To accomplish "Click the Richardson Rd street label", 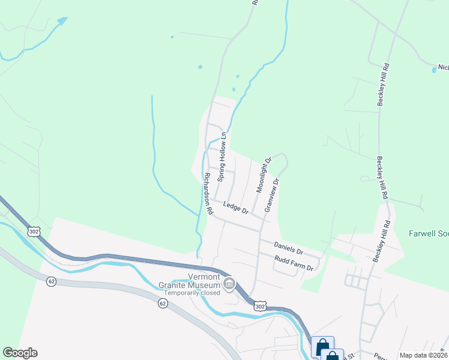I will [x=207, y=194].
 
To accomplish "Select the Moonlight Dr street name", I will [x=264, y=175].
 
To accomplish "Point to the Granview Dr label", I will [x=272, y=194].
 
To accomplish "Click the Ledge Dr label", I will [x=235, y=208].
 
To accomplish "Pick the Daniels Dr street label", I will [x=288, y=248].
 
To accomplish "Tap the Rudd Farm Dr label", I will [x=294, y=263].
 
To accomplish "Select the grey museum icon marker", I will [x=229, y=283].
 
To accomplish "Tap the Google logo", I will [x=20, y=353].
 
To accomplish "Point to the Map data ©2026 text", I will [x=423, y=355].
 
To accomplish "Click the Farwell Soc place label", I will [x=429, y=233].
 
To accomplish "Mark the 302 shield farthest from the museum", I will [x=34, y=231].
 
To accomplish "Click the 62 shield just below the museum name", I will [x=163, y=304].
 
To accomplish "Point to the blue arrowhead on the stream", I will [x=62, y=22].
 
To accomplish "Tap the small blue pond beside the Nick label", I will [x=434, y=70].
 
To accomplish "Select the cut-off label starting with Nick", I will [x=443, y=68].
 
